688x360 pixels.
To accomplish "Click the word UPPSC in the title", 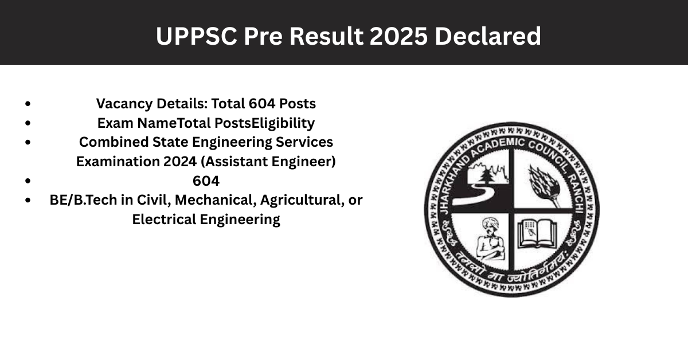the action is point(197,36).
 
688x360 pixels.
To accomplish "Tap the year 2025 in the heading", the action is point(398,36).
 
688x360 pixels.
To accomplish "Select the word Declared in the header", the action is point(488,36).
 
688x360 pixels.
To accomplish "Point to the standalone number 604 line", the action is point(206,181).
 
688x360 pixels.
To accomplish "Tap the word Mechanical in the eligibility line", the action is point(216,200).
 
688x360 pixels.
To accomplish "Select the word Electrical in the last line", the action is point(164,220).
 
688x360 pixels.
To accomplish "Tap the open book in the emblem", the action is point(537,234).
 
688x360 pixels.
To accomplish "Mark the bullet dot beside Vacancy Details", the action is point(28,104).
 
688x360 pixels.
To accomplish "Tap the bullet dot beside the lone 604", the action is point(28,181).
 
